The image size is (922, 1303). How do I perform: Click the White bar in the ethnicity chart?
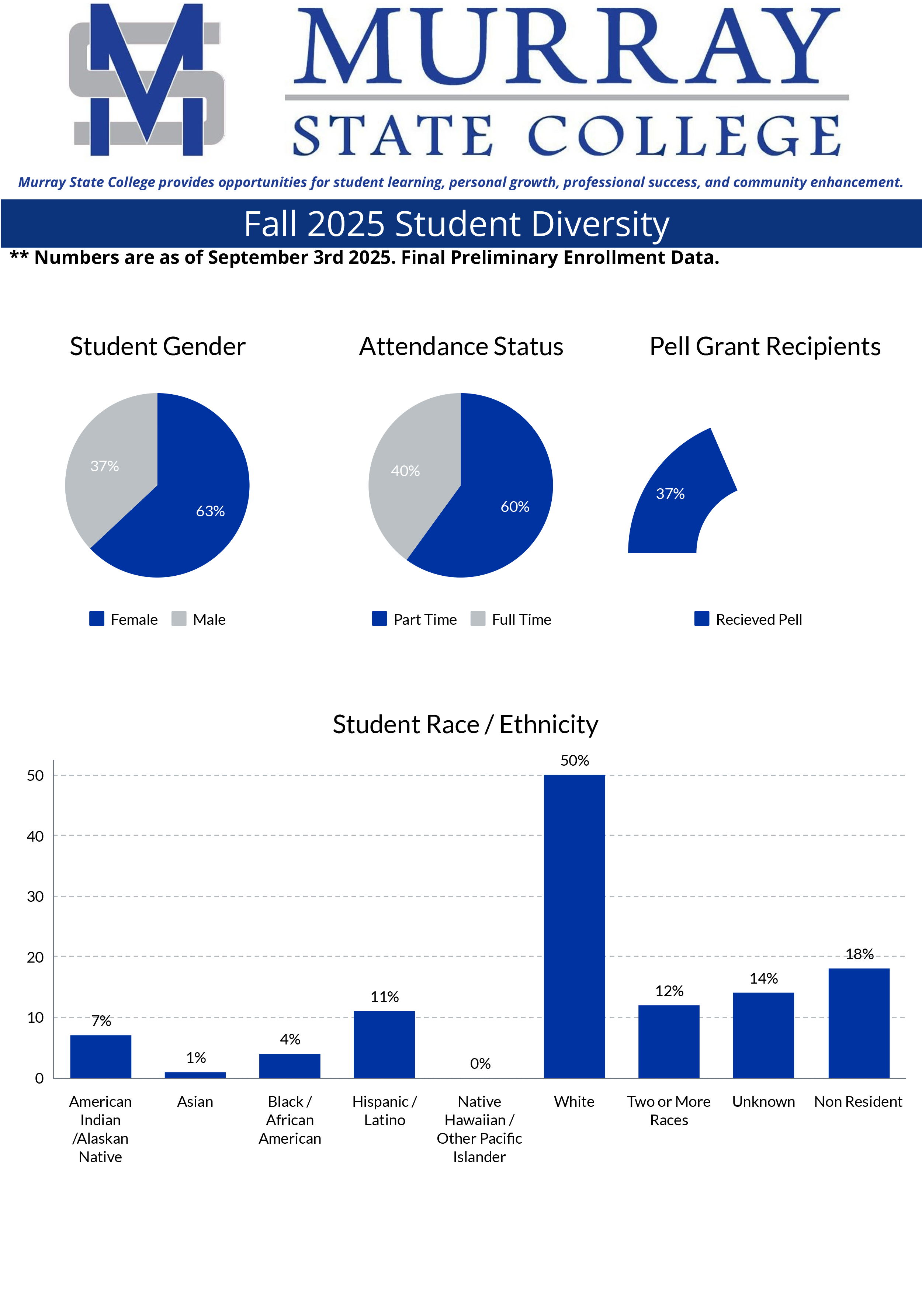(x=574, y=925)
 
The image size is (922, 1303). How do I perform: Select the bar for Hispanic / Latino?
(x=384, y=1045)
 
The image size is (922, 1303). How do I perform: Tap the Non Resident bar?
(x=859, y=1023)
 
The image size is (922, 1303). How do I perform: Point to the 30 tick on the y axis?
(x=35, y=897)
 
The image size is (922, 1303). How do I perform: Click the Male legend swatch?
(x=179, y=619)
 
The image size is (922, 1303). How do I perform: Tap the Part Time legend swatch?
(x=379, y=619)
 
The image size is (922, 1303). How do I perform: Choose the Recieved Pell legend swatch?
(x=702, y=619)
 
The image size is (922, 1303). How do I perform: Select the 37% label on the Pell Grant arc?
(x=670, y=494)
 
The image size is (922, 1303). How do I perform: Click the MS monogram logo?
(x=147, y=80)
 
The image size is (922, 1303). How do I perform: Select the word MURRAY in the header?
(x=566, y=46)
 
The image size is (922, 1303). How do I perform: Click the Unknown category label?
(x=763, y=1102)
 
